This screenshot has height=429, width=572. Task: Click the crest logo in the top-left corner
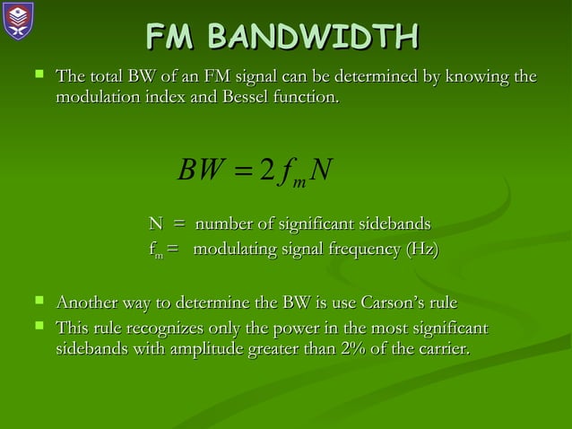point(17,20)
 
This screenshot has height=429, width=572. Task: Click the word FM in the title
point(172,39)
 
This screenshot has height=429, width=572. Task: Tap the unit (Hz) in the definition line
point(421,249)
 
